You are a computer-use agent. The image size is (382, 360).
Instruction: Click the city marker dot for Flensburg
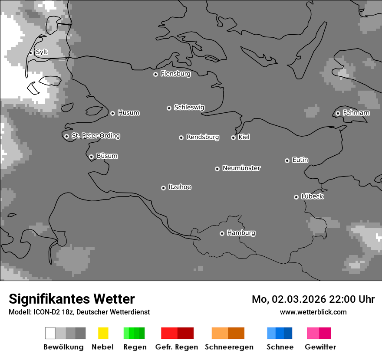tap(155, 74)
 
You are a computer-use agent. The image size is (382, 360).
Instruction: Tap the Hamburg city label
tap(241, 233)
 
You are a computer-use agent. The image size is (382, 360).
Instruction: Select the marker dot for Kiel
tap(233, 137)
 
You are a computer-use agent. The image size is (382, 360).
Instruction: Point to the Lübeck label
tap(312, 196)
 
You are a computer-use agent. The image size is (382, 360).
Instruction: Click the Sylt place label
tap(42, 52)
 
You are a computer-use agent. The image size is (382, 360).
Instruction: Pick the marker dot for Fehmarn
tap(338, 113)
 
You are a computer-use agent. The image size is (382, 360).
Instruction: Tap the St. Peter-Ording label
tap(95, 136)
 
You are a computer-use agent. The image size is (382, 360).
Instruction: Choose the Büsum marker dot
tap(91, 157)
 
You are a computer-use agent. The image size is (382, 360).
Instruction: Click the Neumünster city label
tap(241, 168)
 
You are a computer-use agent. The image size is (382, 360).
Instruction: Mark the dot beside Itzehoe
tap(163, 188)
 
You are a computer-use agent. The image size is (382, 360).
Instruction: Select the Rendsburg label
tap(203, 137)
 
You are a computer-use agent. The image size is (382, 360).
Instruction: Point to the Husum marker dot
tap(112, 113)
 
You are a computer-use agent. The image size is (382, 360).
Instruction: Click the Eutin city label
tap(300, 160)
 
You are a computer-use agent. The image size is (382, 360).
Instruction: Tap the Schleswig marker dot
tap(169, 108)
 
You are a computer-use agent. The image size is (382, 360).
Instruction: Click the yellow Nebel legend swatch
tap(103, 333)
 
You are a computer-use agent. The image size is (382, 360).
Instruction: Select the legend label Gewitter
tap(320, 347)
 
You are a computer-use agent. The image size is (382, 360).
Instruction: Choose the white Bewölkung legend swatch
tap(50, 333)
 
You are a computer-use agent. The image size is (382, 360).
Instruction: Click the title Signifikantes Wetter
tap(72, 299)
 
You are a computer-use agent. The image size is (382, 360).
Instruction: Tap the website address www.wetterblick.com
tap(313, 312)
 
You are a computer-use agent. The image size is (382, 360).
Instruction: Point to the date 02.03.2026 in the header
tap(296, 299)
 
